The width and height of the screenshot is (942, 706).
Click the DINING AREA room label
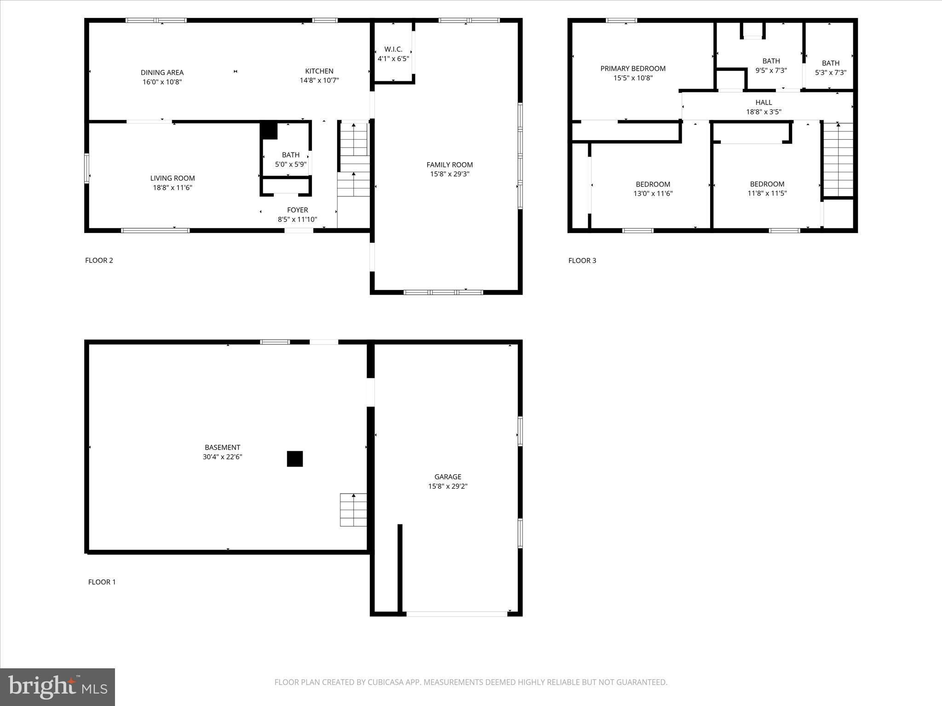162,73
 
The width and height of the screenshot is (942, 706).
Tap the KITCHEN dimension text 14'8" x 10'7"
319,80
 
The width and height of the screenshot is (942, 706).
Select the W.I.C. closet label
393,49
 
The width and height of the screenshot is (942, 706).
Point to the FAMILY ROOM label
449,165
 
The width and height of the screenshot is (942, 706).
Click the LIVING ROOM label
172,178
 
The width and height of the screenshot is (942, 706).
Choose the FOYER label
297,210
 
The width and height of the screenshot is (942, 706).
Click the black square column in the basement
295,459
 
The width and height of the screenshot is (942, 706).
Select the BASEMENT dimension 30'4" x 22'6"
222,457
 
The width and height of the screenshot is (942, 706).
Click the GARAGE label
448,477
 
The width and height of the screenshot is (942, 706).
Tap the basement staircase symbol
353,510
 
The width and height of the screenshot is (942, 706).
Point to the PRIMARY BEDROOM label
633,68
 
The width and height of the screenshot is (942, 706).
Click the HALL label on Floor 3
764,102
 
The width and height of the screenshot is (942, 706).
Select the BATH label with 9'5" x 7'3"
771,61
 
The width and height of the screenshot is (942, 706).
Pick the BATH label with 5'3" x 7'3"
830,63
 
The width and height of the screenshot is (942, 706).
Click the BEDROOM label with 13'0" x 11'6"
653,184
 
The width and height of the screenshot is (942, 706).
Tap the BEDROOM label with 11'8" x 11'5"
767,184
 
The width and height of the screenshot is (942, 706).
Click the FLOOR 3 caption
582,261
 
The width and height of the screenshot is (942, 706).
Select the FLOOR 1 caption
102,582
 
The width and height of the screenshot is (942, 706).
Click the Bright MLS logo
57,687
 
